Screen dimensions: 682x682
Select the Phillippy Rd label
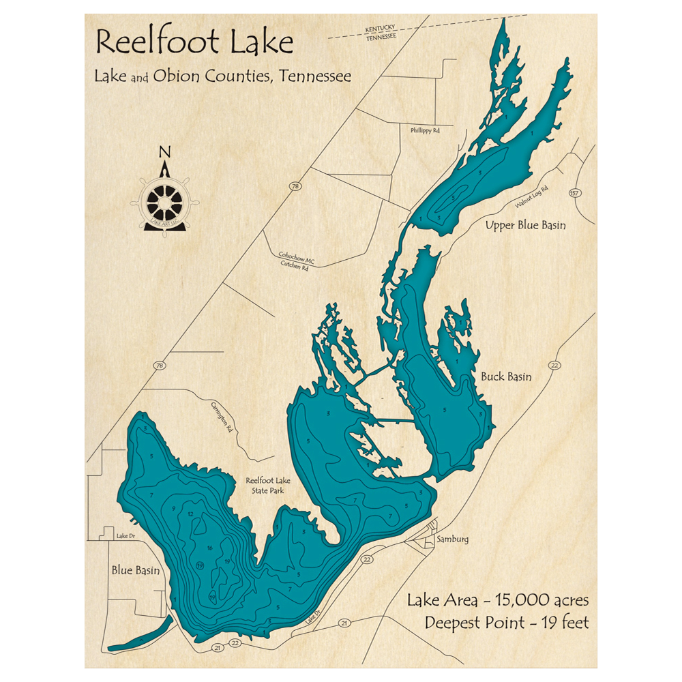(x=427, y=130)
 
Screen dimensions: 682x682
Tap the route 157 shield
(x=574, y=194)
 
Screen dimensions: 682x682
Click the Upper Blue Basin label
(x=524, y=225)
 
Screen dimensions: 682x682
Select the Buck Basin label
(x=506, y=376)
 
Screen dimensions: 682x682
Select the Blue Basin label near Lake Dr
(x=136, y=570)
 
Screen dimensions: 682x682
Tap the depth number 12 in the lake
(x=191, y=514)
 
